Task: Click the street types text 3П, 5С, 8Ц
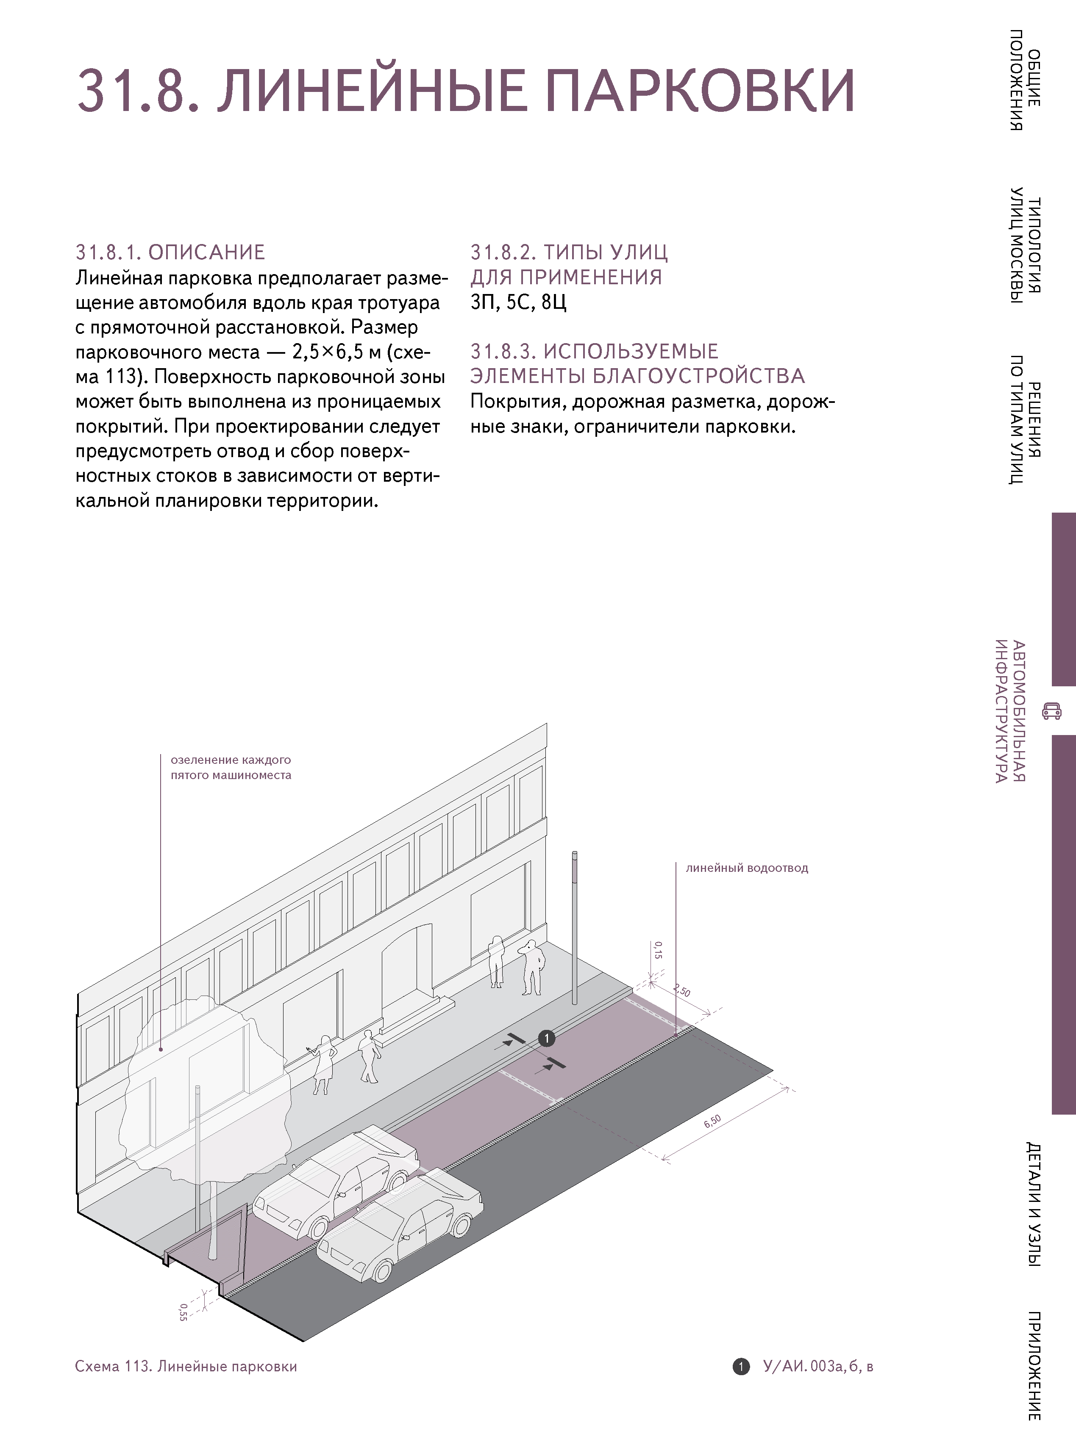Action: click(x=518, y=302)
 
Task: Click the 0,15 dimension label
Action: click(x=658, y=950)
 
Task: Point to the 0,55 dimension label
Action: click(x=183, y=1312)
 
